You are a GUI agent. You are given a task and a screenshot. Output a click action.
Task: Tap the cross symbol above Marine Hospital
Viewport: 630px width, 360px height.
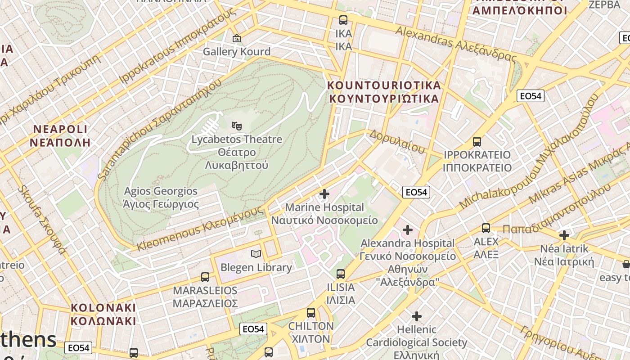[x=324, y=194]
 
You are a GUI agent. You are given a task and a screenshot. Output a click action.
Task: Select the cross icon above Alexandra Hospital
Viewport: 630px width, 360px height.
[x=408, y=230]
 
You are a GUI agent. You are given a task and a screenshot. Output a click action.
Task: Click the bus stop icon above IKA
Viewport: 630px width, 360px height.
[x=343, y=20]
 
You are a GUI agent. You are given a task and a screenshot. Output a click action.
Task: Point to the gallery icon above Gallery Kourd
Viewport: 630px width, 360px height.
[x=237, y=38]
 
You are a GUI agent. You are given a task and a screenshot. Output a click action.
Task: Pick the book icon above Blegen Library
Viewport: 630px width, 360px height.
[x=256, y=254]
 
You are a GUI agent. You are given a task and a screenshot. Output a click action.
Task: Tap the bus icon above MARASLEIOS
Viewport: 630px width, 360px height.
[x=205, y=277]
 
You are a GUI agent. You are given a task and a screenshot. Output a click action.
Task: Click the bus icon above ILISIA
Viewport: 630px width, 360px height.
[x=341, y=274]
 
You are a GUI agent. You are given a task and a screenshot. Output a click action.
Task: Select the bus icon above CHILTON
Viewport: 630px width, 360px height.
[x=311, y=312]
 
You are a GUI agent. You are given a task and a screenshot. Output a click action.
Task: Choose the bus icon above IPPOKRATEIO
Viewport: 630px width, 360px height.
[x=477, y=142]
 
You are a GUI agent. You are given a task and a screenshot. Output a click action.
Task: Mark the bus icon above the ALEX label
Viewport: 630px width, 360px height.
[x=486, y=228]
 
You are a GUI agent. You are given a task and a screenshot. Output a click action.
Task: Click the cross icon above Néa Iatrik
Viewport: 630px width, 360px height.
[x=564, y=235]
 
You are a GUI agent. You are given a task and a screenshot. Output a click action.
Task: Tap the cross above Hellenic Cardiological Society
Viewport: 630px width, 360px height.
[x=417, y=316]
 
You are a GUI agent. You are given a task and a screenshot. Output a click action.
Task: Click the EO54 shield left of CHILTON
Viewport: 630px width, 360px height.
[x=253, y=329]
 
